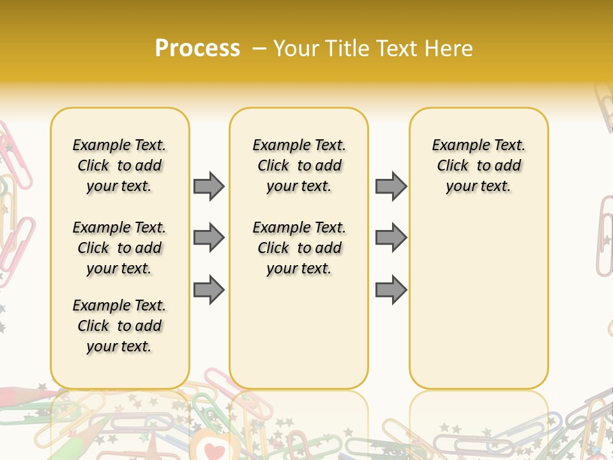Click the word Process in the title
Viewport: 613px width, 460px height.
coord(197,49)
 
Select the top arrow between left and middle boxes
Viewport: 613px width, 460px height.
coord(209,186)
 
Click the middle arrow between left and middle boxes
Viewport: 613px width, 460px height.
coord(209,238)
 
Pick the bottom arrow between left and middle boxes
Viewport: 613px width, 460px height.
coord(209,290)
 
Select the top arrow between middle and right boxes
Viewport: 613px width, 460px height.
coord(391,186)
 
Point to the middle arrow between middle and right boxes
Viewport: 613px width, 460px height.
coord(391,238)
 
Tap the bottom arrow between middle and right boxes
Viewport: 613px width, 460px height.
coord(391,290)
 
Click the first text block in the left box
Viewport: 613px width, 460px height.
coord(119,165)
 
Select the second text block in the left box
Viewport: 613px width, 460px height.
coord(119,248)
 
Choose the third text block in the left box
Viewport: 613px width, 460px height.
coord(119,326)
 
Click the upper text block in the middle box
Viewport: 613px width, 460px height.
coord(299,165)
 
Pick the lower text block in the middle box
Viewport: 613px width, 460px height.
coord(299,248)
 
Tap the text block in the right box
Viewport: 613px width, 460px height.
coord(479,165)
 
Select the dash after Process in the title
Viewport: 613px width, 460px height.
coord(259,49)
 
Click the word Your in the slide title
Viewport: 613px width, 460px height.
coord(297,49)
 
